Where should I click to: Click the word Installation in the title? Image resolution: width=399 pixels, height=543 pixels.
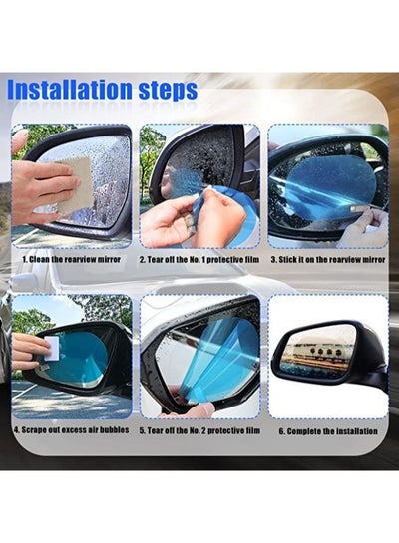pyautogui.click(x=70, y=90)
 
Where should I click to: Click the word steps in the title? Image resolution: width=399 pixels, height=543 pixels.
pyautogui.click(x=169, y=91)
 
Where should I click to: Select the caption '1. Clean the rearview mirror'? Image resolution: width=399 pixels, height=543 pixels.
pyautogui.click(x=72, y=259)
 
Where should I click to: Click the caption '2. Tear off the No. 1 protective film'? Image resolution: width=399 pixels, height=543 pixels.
pyautogui.click(x=199, y=260)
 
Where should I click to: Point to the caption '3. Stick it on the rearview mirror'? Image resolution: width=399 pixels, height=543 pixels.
pyautogui.click(x=328, y=260)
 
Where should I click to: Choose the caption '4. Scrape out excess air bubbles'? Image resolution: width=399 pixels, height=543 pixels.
pyautogui.click(x=72, y=430)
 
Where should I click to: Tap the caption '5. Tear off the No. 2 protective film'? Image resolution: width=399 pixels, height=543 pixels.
pyautogui.click(x=199, y=431)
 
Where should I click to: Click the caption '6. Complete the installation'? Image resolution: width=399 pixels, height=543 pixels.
pyautogui.click(x=328, y=431)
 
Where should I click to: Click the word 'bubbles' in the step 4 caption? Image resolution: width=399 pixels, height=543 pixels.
pyautogui.click(x=115, y=430)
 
